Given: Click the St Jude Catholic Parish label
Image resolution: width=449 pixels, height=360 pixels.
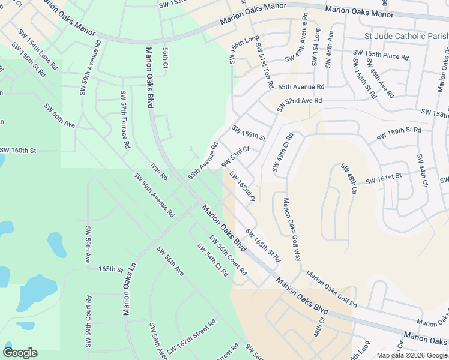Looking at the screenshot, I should [406, 37].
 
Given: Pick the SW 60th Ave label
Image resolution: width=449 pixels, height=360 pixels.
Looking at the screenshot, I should [59, 115].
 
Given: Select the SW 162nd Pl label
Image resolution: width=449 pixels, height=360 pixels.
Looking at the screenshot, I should [243, 186].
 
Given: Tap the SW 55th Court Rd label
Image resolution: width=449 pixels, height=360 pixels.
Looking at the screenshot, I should [228, 255].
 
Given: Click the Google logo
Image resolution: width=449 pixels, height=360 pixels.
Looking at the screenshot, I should [20, 353].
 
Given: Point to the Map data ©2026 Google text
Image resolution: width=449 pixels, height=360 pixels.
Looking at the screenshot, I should [412, 355].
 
